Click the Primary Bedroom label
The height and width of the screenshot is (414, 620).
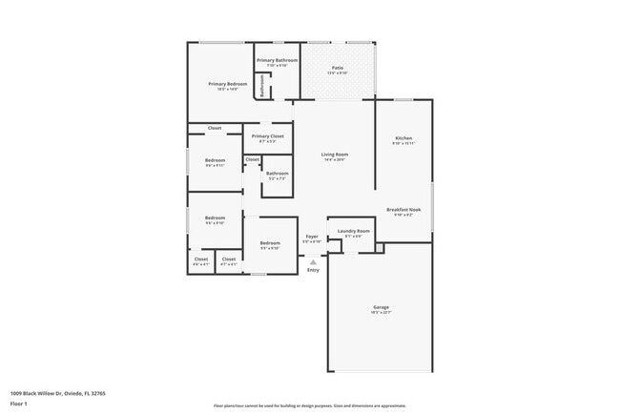228,84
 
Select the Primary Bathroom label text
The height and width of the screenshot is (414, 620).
278,60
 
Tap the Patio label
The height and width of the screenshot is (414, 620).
338,67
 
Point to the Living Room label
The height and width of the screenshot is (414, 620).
334,155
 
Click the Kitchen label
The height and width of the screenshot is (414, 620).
403,138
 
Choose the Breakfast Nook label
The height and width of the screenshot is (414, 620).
403,210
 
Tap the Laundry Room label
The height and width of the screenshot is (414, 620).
353,231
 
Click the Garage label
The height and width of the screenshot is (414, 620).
381,306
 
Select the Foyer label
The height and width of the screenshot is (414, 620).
312,236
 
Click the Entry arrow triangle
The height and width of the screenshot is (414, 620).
313,261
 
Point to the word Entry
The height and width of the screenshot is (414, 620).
313,271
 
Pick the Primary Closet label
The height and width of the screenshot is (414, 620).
267,136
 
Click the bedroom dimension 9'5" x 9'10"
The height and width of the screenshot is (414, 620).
270,248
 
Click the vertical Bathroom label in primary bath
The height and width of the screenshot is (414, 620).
263,85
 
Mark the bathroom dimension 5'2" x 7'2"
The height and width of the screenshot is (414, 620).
277,178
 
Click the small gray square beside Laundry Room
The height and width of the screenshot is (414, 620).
379,248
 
